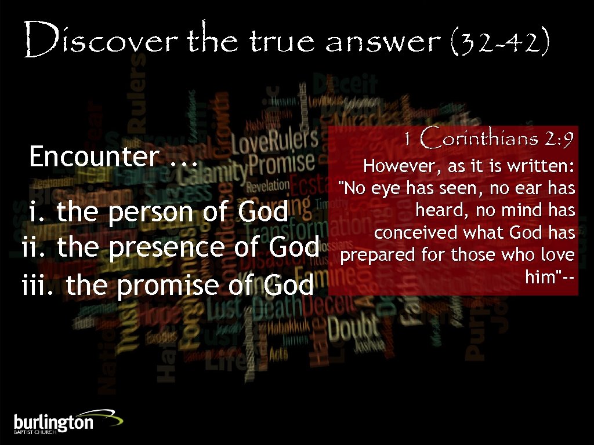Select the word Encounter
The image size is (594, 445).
pos(93,156)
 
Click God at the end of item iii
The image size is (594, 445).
pos(288,284)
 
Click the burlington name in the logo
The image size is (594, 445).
pos(53,422)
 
